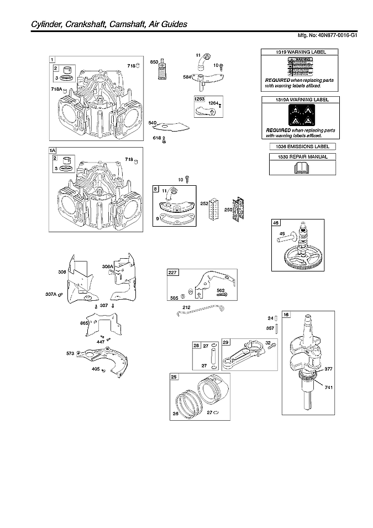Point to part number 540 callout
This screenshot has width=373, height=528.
[x=153, y=123]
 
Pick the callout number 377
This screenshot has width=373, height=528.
[x=328, y=368]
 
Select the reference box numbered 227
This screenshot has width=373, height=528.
[x=173, y=272]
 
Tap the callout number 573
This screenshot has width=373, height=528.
[x=70, y=352]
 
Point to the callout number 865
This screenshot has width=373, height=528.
[x=84, y=323]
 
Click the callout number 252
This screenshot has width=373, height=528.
[x=204, y=203]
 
